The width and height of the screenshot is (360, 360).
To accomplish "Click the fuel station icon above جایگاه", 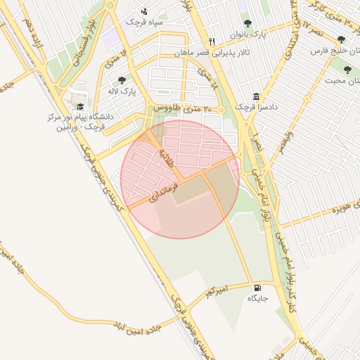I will (257, 288).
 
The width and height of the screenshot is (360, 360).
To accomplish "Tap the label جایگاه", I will (257, 299).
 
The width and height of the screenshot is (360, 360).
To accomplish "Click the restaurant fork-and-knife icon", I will (212, 41).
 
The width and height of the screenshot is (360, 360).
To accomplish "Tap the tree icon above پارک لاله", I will (122, 80).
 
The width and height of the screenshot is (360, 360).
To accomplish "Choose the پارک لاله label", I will (122, 91).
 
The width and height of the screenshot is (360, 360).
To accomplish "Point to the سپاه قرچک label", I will (145, 22).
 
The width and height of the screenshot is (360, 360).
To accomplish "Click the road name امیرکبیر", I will (213, 290).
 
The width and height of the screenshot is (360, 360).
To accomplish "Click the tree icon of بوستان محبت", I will (347, 70).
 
